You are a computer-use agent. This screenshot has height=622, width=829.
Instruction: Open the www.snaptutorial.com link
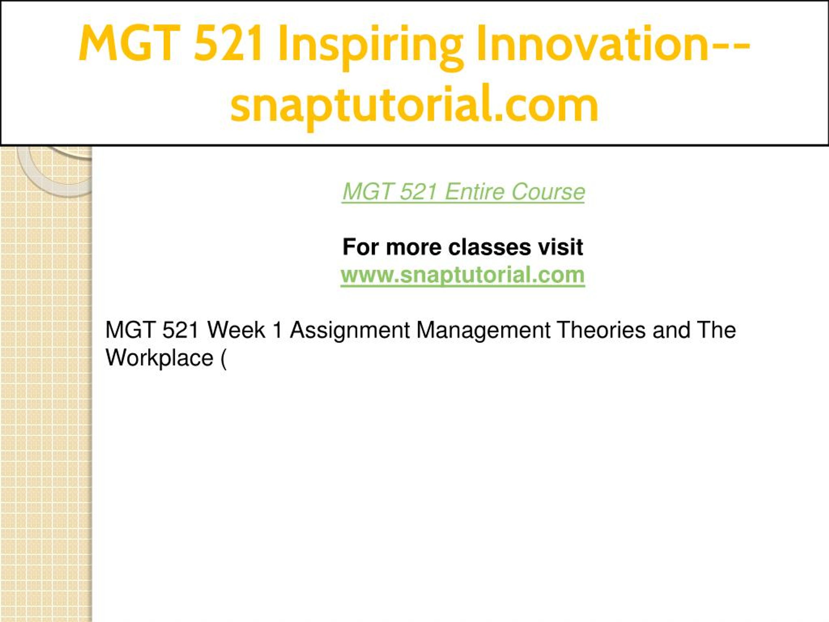(462, 275)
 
